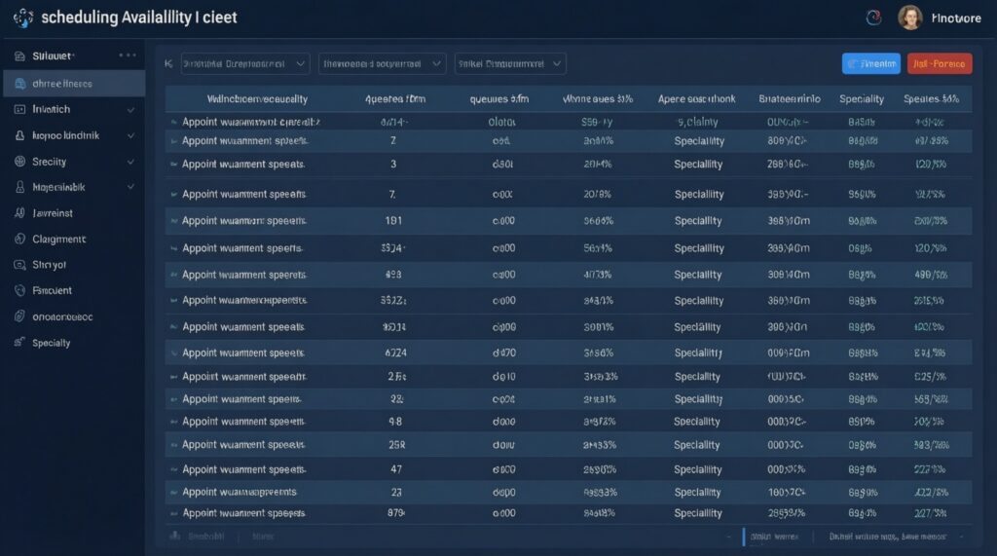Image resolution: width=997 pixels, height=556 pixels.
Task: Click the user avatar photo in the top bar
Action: pyautogui.click(x=909, y=18)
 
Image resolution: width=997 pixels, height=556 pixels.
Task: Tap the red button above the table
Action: pyautogui.click(x=939, y=64)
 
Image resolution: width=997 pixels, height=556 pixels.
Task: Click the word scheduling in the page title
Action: pyautogui.click(x=81, y=18)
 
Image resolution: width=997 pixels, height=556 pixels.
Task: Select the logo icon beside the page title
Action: pyautogui.click(x=23, y=18)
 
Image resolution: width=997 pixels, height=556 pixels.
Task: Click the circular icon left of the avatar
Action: pyautogui.click(x=872, y=18)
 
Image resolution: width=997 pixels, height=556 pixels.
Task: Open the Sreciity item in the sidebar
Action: pyautogui.click(x=49, y=162)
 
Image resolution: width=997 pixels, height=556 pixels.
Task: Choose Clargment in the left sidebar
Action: pyautogui.click(x=58, y=239)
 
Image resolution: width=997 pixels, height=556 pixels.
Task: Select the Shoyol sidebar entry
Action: pyautogui.click(x=49, y=265)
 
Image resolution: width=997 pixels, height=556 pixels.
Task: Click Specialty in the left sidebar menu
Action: pyautogui.click(x=51, y=343)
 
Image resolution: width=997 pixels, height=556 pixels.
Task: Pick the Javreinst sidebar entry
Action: pyautogui.click(x=53, y=213)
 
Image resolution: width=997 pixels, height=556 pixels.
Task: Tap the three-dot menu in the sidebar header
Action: pyautogui.click(x=128, y=56)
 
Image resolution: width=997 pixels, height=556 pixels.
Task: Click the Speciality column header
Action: pyautogui.click(x=862, y=98)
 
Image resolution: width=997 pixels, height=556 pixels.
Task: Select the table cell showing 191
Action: pyautogui.click(x=394, y=221)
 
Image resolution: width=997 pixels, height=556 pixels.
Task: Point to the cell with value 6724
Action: pyautogui.click(x=395, y=352)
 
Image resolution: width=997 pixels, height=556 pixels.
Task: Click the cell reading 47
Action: pyautogui.click(x=396, y=469)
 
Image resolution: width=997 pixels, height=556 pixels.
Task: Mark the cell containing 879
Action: pyautogui.click(x=395, y=513)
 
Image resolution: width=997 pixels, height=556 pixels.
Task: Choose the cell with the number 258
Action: pyautogui.click(x=396, y=445)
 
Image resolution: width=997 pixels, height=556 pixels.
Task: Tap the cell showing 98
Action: pyautogui.click(x=395, y=422)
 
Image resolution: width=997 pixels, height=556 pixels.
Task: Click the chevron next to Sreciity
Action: pyautogui.click(x=130, y=162)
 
